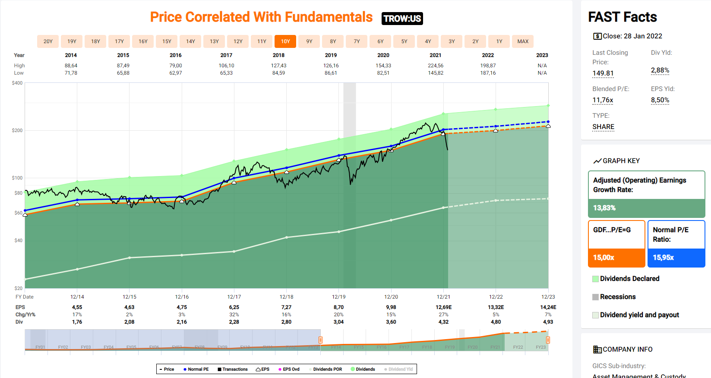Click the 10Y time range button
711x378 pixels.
[x=285, y=41]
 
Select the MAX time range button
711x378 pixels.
[x=523, y=41]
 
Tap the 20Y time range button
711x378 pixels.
[x=48, y=41]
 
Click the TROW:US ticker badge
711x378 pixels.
[x=402, y=19]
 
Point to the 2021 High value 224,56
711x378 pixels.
[x=436, y=66]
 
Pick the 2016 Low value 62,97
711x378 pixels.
[x=176, y=73]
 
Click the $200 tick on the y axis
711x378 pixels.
[x=17, y=130]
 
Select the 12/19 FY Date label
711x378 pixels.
[x=338, y=297]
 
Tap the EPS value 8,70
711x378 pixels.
[x=338, y=307]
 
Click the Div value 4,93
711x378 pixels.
[x=548, y=322]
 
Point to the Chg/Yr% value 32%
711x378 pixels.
[x=234, y=315]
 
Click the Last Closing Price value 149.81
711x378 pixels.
[x=603, y=73]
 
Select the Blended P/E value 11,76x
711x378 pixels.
[x=603, y=100]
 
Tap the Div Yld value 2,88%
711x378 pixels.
[x=660, y=70]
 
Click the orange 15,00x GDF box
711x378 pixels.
[x=616, y=258]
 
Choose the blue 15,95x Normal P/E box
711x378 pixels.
[x=676, y=258]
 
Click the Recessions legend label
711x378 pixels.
[x=618, y=297]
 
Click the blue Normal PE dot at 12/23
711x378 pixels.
[x=548, y=122]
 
